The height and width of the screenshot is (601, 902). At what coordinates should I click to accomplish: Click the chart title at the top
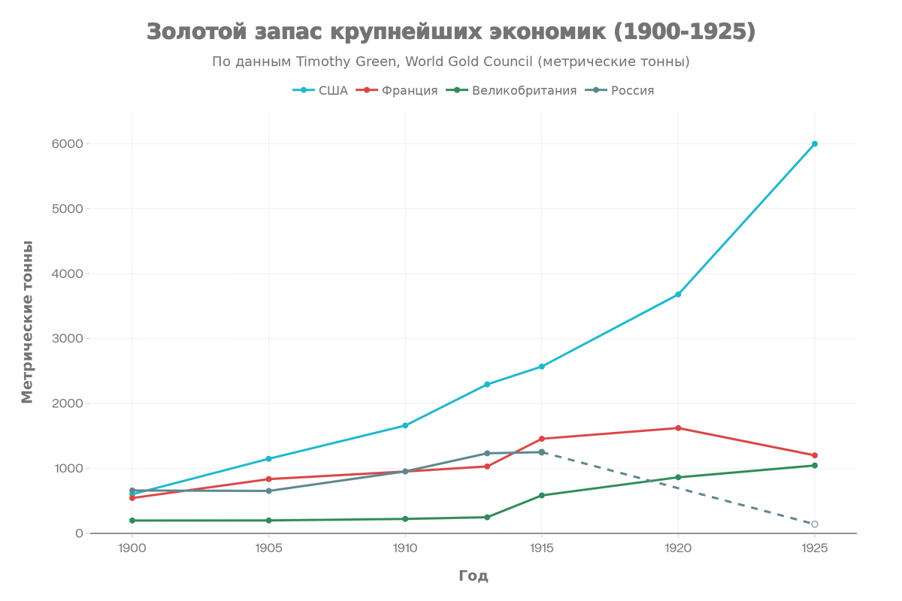tap(450, 32)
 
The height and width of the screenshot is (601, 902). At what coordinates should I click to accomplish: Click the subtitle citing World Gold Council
tap(450, 62)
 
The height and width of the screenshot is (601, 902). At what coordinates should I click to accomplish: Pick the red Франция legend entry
tap(399, 91)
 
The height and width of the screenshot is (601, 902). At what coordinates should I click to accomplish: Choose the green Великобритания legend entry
tap(511, 91)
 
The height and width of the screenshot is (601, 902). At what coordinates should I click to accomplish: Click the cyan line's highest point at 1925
tap(815, 143)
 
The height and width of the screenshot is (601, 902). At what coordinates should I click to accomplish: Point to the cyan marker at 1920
tap(678, 294)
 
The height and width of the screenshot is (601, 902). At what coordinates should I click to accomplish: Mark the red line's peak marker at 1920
tap(678, 428)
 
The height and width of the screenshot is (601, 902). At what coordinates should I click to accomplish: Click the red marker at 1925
tap(815, 455)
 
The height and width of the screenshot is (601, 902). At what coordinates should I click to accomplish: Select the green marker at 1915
tap(541, 494)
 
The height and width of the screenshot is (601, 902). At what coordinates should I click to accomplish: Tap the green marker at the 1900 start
tap(132, 521)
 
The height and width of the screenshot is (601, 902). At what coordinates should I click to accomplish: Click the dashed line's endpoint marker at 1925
tap(815, 524)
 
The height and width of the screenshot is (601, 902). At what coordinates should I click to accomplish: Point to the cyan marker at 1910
tap(405, 426)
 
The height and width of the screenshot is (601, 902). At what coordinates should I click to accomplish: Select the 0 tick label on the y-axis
tap(77, 533)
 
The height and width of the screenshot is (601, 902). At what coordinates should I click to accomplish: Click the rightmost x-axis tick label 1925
tap(815, 549)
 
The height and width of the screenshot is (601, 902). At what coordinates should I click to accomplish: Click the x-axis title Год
tap(474, 576)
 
